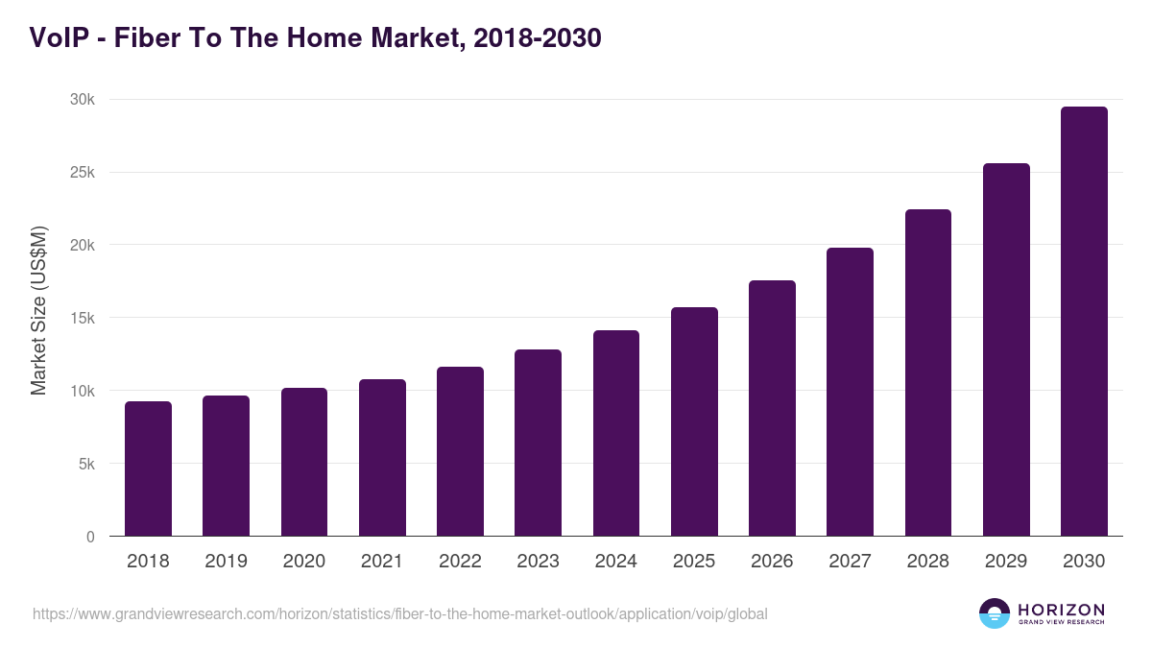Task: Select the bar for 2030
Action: (x=1084, y=322)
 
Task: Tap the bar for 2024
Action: (x=616, y=433)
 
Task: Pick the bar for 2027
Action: (x=850, y=392)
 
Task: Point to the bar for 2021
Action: (x=382, y=458)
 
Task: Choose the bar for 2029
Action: (x=1006, y=349)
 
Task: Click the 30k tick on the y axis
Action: (x=83, y=100)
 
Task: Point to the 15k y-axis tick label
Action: (x=83, y=318)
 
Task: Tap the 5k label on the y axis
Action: (x=86, y=464)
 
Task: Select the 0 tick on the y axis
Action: (x=90, y=537)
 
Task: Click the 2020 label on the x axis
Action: (x=304, y=562)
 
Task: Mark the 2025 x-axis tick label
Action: (x=694, y=562)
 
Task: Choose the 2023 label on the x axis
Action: (x=538, y=562)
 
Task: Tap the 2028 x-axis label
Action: (x=928, y=562)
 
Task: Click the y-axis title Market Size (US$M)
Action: (x=38, y=310)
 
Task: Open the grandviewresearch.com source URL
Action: (x=399, y=613)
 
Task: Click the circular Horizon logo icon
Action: (x=995, y=613)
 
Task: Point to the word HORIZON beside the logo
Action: (x=1061, y=610)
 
